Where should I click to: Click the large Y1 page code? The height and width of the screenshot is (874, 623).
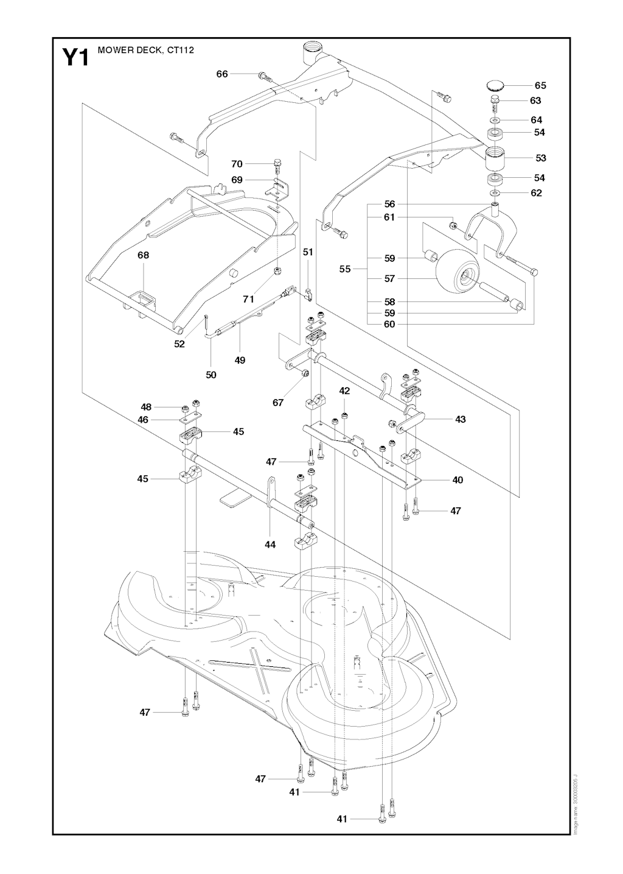point(76,57)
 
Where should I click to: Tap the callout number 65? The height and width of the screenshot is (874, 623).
point(540,85)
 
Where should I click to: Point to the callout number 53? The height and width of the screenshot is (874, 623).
point(540,158)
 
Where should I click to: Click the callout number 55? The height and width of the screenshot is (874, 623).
point(345,269)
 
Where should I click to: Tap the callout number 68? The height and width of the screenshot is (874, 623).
point(143,255)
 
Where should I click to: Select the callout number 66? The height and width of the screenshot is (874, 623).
point(222,74)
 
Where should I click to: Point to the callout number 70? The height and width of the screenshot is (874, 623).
point(237,164)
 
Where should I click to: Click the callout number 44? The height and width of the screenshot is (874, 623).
point(270,544)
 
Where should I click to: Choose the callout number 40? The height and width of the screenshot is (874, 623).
point(458,480)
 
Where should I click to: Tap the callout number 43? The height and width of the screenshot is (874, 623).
point(460,419)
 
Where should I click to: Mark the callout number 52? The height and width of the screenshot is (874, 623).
point(179,344)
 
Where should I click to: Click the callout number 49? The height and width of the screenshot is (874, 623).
point(240,360)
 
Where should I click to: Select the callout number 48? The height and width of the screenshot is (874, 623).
point(145,406)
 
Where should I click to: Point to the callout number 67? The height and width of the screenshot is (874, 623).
point(278,403)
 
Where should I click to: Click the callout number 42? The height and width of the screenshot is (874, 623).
point(344,390)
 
